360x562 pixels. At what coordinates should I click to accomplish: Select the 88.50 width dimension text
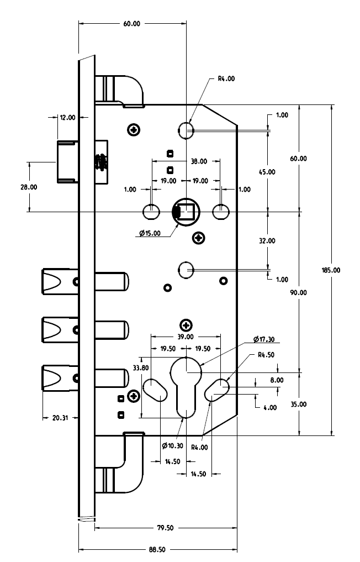[x=157, y=550]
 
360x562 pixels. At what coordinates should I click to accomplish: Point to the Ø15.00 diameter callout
[x=150, y=234]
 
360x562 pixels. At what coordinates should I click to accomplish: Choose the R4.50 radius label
[x=267, y=355]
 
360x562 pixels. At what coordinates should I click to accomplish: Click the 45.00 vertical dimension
[x=267, y=172]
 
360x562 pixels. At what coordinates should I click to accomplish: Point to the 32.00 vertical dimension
[x=267, y=241]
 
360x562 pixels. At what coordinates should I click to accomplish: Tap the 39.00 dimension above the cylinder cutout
[x=186, y=337]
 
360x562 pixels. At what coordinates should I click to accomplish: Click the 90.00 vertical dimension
[x=299, y=292]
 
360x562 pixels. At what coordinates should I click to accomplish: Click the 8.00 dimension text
[x=277, y=380]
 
